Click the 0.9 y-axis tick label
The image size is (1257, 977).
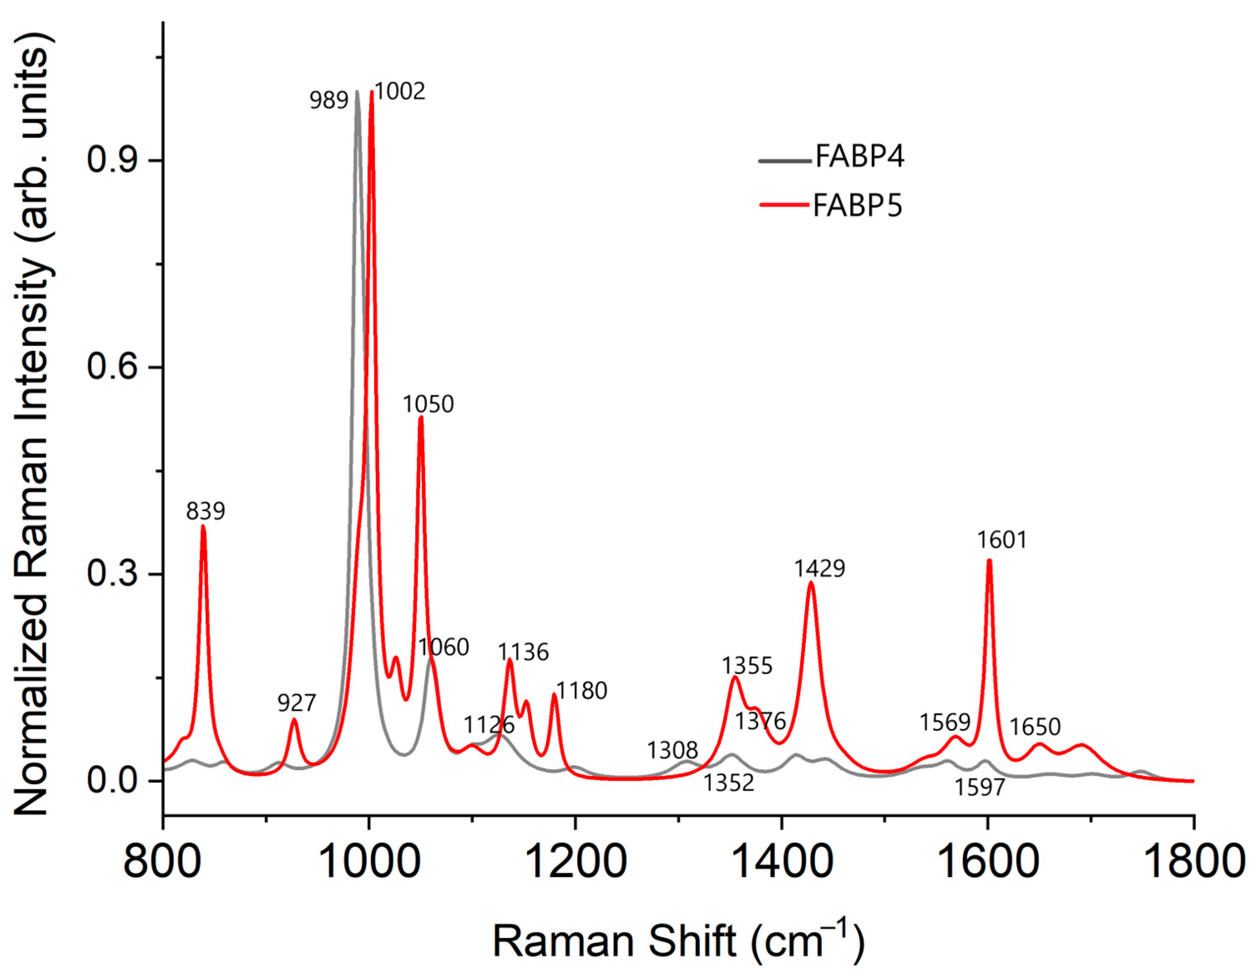tap(113, 159)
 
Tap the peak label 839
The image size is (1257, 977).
tap(205, 510)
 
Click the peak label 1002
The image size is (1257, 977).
tap(400, 91)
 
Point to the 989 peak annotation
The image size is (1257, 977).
tap(328, 101)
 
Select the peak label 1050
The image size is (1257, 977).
tap(428, 405)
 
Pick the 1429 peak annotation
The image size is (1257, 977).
tap(820, 569)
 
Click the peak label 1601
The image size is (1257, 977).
tap(1002, 540)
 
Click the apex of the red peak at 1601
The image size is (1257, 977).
tap(989, 560)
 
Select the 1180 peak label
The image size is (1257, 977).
tap(581, 690)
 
